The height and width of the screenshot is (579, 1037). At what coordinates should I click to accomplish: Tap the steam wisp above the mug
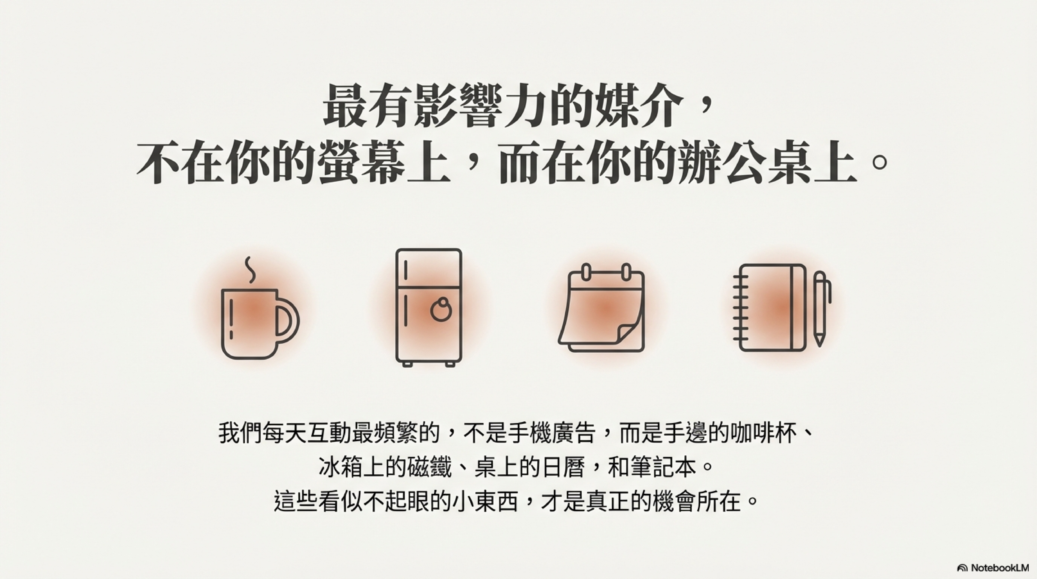coord(250,270)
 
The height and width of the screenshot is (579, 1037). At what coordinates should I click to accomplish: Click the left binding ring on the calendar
coord(586,272)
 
